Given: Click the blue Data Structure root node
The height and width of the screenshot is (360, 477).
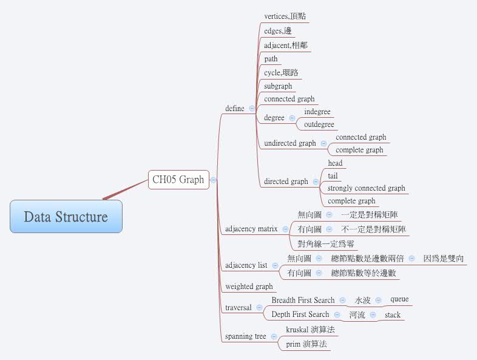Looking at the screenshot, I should (x=66, y=217).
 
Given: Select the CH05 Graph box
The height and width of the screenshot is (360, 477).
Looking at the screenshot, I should (x=178, y=180).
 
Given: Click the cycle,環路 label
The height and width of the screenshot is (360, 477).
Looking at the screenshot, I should (x=281, y=73).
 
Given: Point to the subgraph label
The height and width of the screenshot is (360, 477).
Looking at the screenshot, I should (x=278, y=86).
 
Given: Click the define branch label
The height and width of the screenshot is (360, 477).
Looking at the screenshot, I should (x=235, y=109).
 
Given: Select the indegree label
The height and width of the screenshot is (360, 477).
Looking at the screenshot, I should (x=317, y=112).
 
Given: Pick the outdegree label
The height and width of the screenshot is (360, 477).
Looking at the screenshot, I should (x=319, y=125).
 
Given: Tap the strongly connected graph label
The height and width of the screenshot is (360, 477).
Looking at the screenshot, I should (x=366, y=189).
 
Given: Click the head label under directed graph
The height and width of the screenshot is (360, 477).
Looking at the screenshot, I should (x=335, y=163).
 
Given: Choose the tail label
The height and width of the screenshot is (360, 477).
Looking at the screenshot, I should (x=333, y=176).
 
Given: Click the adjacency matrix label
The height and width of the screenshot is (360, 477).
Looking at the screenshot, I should (x=251, y=229).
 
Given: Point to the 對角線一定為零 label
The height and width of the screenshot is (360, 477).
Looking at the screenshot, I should (x=326, y=244).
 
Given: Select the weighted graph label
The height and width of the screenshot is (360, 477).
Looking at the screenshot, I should (x=249, y=287).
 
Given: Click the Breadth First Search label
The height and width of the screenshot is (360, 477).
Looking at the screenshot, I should (x=303, y=301).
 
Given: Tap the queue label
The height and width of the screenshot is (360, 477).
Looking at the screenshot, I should (x=399, y=299).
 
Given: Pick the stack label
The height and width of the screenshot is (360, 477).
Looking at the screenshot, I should (x=393, y=315).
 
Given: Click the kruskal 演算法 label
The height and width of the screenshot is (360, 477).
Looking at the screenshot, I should (x=310, y=330).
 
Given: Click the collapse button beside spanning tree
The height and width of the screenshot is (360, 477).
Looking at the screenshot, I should (x=274, y=336).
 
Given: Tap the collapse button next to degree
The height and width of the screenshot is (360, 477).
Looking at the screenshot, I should (x=292, y=118).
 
